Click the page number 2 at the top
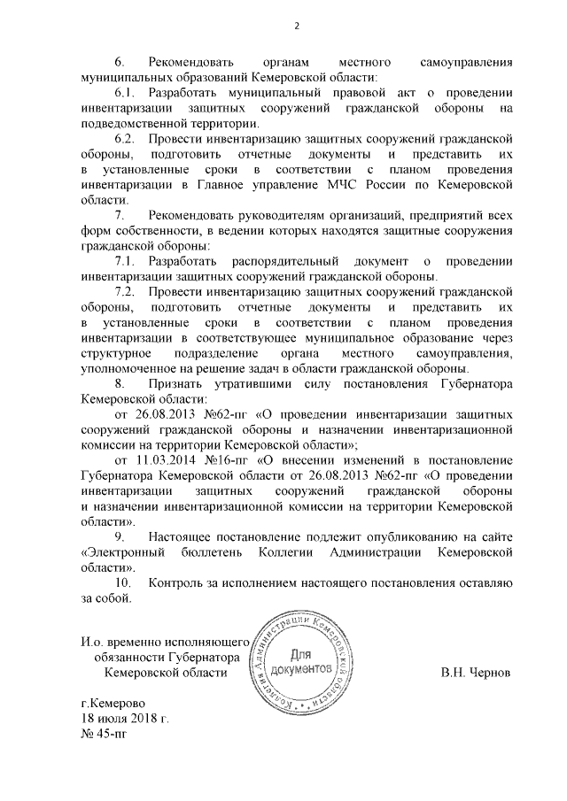(x=297, y=24)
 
